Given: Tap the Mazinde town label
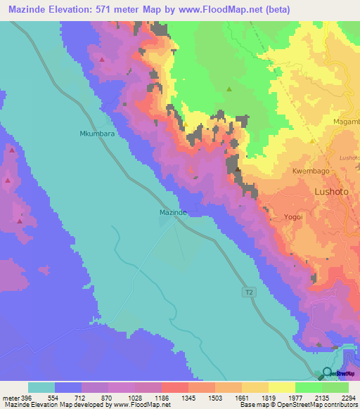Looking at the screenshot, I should pos(172,212).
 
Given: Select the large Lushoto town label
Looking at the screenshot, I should pos(332,191).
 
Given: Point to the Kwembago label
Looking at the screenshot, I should pos(310,171).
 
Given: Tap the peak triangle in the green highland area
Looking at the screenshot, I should pos(229,89).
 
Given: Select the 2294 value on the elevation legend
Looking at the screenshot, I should pos(348,397).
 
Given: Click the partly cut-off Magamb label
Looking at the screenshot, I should pos(345,121).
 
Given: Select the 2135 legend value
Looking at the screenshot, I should pos(321,397).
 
